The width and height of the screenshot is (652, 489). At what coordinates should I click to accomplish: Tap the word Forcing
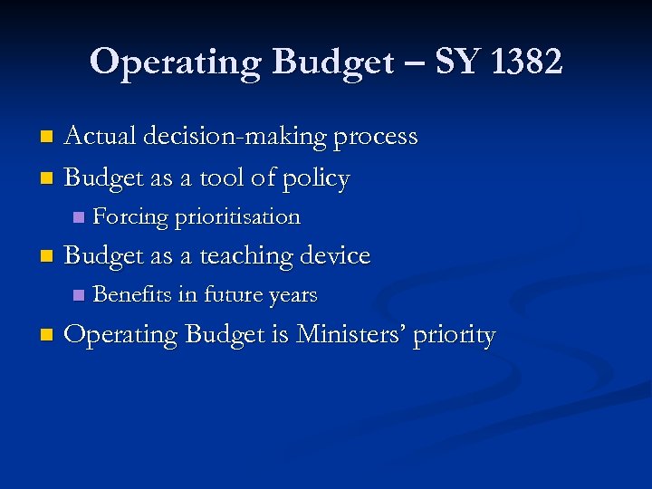click(x=130, y=217)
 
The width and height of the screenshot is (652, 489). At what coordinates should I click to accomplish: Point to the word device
click(x=334, y=256)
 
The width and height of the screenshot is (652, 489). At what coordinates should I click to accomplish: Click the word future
click(x=232, y=294)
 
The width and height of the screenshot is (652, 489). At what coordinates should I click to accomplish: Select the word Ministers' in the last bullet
click(x=351, y=335)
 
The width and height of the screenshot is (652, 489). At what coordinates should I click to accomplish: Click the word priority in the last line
click(x=455, y=337)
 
